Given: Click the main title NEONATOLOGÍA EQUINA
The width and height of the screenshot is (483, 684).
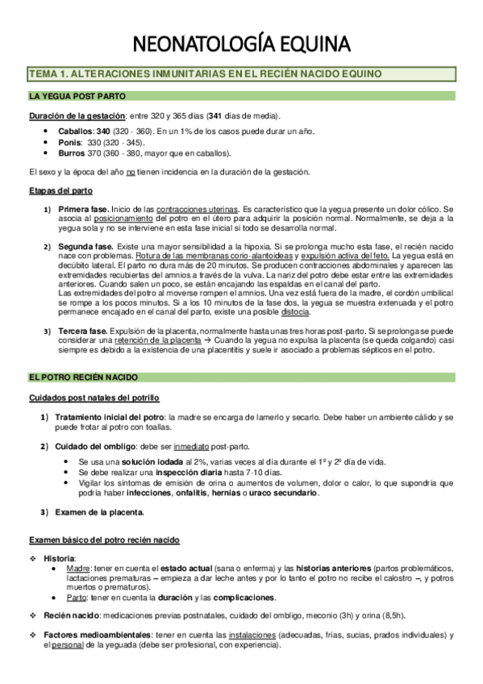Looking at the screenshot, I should pos(240,42).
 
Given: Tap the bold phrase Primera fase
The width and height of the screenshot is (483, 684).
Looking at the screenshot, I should pos(84,209).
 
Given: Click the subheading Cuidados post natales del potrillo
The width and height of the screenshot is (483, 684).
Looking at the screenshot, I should pos(94,398).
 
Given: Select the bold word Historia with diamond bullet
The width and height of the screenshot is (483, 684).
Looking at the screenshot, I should pos(60,558).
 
